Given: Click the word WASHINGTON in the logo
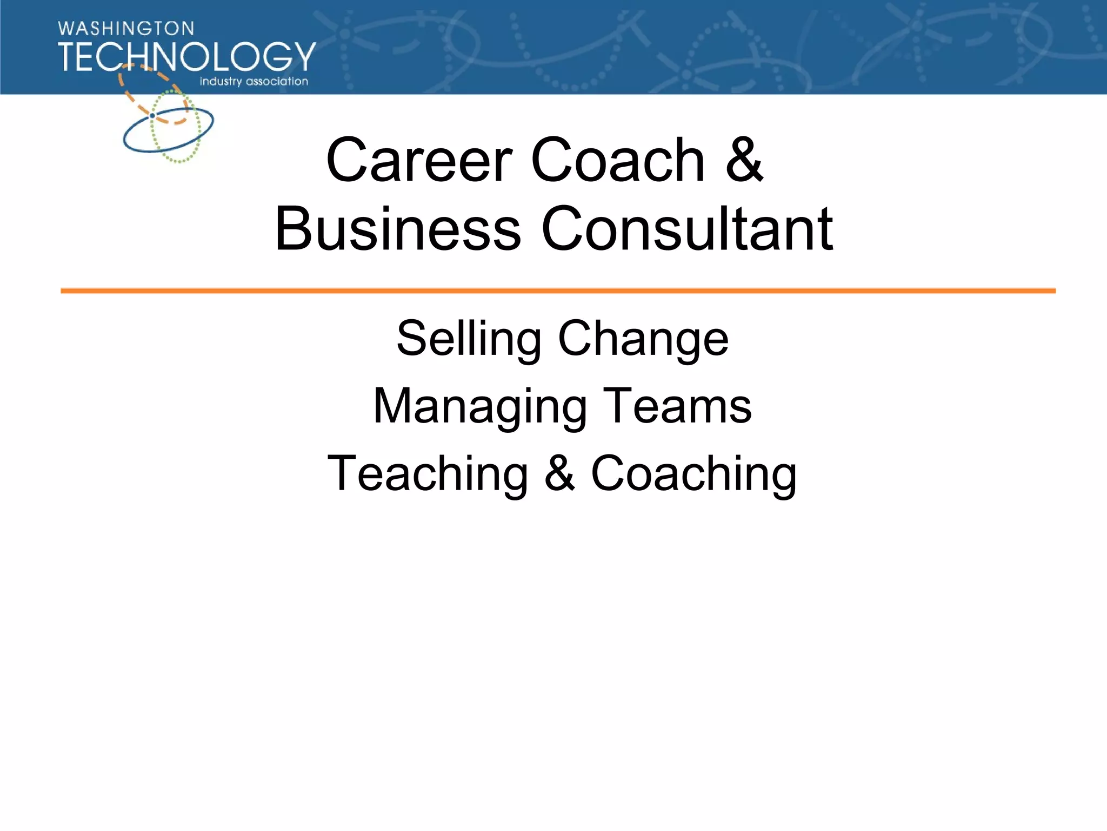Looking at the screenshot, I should (126, 29).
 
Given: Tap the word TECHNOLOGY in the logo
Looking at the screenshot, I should (186, 57).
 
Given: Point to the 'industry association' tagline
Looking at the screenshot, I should (254, 81).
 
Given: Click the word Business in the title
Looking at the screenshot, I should (397, 229).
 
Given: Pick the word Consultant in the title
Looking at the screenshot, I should (687, 229).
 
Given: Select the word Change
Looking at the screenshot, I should (643, 340).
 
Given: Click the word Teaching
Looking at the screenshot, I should (428, 474).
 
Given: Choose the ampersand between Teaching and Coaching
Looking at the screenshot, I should (559, 474).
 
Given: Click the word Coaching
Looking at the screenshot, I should (694, 475).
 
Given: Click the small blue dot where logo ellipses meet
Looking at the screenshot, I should (152, 116).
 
